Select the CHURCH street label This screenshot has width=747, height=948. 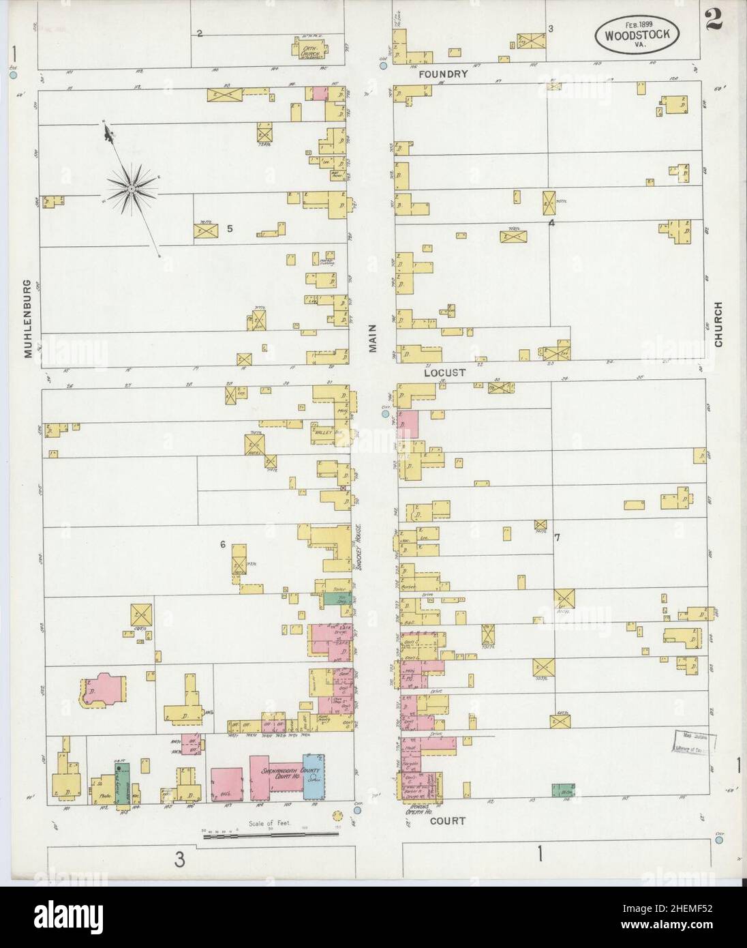(718, 325)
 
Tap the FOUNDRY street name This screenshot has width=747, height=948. (443, 74)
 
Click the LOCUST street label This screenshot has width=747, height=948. (443, 373)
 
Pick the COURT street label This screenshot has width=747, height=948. (447, 821)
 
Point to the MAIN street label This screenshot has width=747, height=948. (373, 338)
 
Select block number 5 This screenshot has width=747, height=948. (230, 228)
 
